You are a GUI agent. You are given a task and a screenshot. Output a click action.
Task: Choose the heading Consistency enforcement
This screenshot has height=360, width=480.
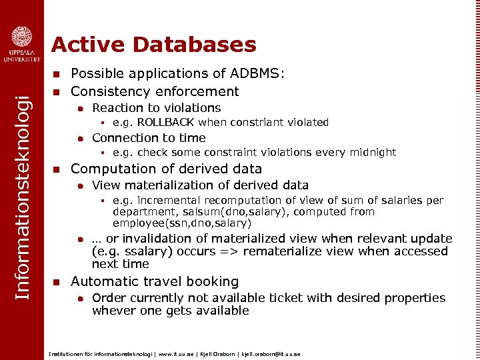point(155,91)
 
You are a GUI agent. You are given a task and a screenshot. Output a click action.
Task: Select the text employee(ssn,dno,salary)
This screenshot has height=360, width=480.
point(182,223)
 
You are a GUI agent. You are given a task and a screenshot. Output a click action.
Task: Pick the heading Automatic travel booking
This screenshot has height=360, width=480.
point(155,281)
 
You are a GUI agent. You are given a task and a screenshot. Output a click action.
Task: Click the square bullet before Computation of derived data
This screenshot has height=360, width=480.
point(57,169)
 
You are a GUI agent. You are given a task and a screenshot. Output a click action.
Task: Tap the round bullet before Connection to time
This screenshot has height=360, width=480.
point(79,139)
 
